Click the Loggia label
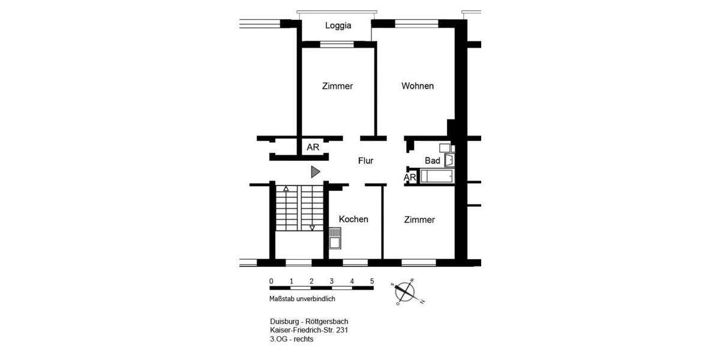338,26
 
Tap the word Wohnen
418,86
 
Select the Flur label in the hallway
365,161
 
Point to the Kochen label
353,219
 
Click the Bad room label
432,161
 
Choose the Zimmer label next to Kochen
419,220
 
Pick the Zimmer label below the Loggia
337,86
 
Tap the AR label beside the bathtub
410,178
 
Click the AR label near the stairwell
313,147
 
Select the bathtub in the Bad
437,176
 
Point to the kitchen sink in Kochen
335,238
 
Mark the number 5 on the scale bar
372,281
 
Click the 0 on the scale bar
271,281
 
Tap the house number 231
341,330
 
